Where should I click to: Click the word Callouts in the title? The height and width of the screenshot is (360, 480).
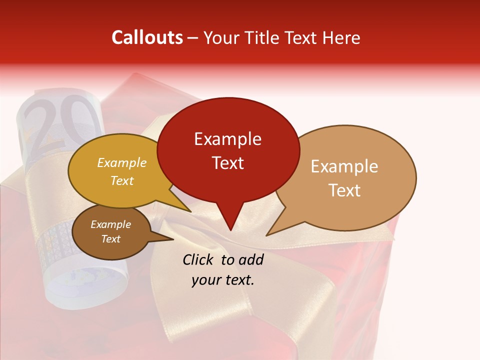pos(147,37)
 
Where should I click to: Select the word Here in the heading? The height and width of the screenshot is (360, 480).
pos(339,37)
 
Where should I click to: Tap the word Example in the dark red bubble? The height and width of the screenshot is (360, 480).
pos(227,139)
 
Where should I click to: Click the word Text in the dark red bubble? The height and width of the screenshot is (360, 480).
pos(227,163)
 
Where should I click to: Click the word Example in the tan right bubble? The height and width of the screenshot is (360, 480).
pos(344,166)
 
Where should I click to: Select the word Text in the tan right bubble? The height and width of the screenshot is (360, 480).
pos(344,190)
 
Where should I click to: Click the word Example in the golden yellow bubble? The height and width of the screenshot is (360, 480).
pos(122,162)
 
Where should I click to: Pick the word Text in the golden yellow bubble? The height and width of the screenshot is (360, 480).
pos(122,180)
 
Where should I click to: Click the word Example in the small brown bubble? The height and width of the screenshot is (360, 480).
pos(110,224)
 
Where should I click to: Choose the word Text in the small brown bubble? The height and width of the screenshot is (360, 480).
pos(110,239)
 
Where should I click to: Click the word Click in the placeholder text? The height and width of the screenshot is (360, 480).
pos(198,259)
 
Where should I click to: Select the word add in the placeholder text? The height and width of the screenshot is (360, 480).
pos(251,259)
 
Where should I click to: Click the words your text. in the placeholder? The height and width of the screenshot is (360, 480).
pos(223,280)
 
